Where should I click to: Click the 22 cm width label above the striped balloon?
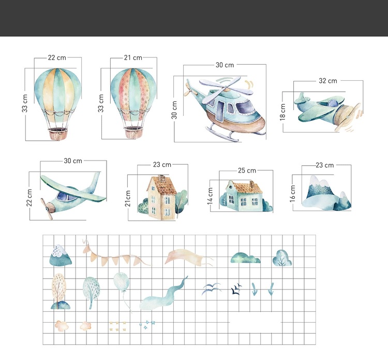pos(57,57)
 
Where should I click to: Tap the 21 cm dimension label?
pos(133,57)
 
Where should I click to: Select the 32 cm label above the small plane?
pos(328,81)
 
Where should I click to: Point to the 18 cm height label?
pos(282,112)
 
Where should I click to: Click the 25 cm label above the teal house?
pos(247,170)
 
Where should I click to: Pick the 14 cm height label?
pos(210,196)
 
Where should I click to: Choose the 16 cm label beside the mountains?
pos(292,193)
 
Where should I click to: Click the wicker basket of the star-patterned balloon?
pos(133,132)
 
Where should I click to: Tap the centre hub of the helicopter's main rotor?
pos(226,88)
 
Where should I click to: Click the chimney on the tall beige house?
pos(161,178)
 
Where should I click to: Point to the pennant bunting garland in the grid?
pos(116,254)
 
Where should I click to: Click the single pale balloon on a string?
pos(122,282)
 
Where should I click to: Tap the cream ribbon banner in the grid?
pos(188,257)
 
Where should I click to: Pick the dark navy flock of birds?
pos(236,289)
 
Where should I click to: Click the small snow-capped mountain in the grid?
pos(61,256)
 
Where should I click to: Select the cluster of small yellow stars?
pos(117,326)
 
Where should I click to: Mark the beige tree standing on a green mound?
pos(59,292)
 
